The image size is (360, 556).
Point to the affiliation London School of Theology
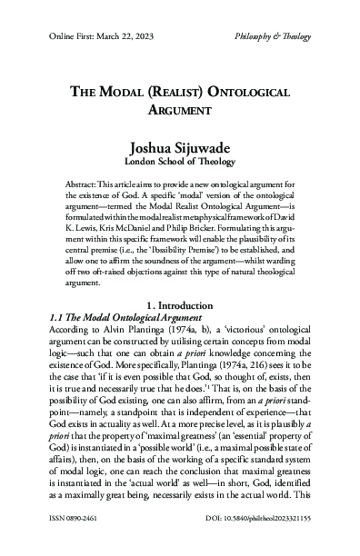180,161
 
